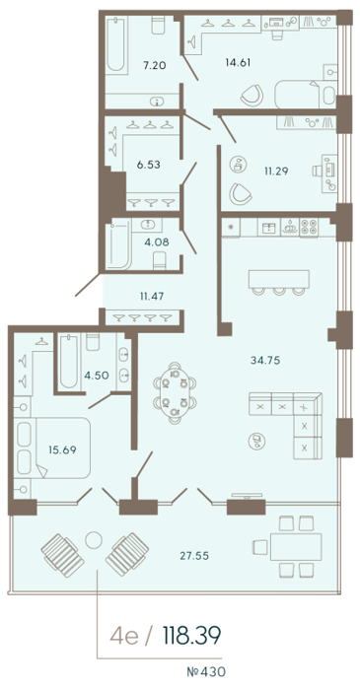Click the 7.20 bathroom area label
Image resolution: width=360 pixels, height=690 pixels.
point(154,66)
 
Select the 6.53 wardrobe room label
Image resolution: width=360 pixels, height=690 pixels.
point(148,165)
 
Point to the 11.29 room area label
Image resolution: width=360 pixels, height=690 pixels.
point(276,172)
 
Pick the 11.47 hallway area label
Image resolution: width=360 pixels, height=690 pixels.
point(152,296)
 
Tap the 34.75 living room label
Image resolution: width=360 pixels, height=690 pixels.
point(265,361)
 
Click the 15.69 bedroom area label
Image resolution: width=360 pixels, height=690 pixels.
point(62,449)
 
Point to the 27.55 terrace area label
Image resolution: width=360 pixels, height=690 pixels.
point(194,556)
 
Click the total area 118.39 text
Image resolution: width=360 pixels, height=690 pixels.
point(191,636)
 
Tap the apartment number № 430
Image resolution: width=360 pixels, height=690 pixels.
point(206,672)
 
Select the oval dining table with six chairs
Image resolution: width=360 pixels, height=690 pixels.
point(175,393)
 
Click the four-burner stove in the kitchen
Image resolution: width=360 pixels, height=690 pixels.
point(309,229)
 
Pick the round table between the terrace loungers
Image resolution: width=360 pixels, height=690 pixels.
point(94,539)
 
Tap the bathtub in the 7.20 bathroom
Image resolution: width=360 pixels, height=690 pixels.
point(115,44)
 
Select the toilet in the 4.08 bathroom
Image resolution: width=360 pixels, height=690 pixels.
point(160,260)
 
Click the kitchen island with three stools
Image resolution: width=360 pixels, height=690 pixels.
point(278,282)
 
